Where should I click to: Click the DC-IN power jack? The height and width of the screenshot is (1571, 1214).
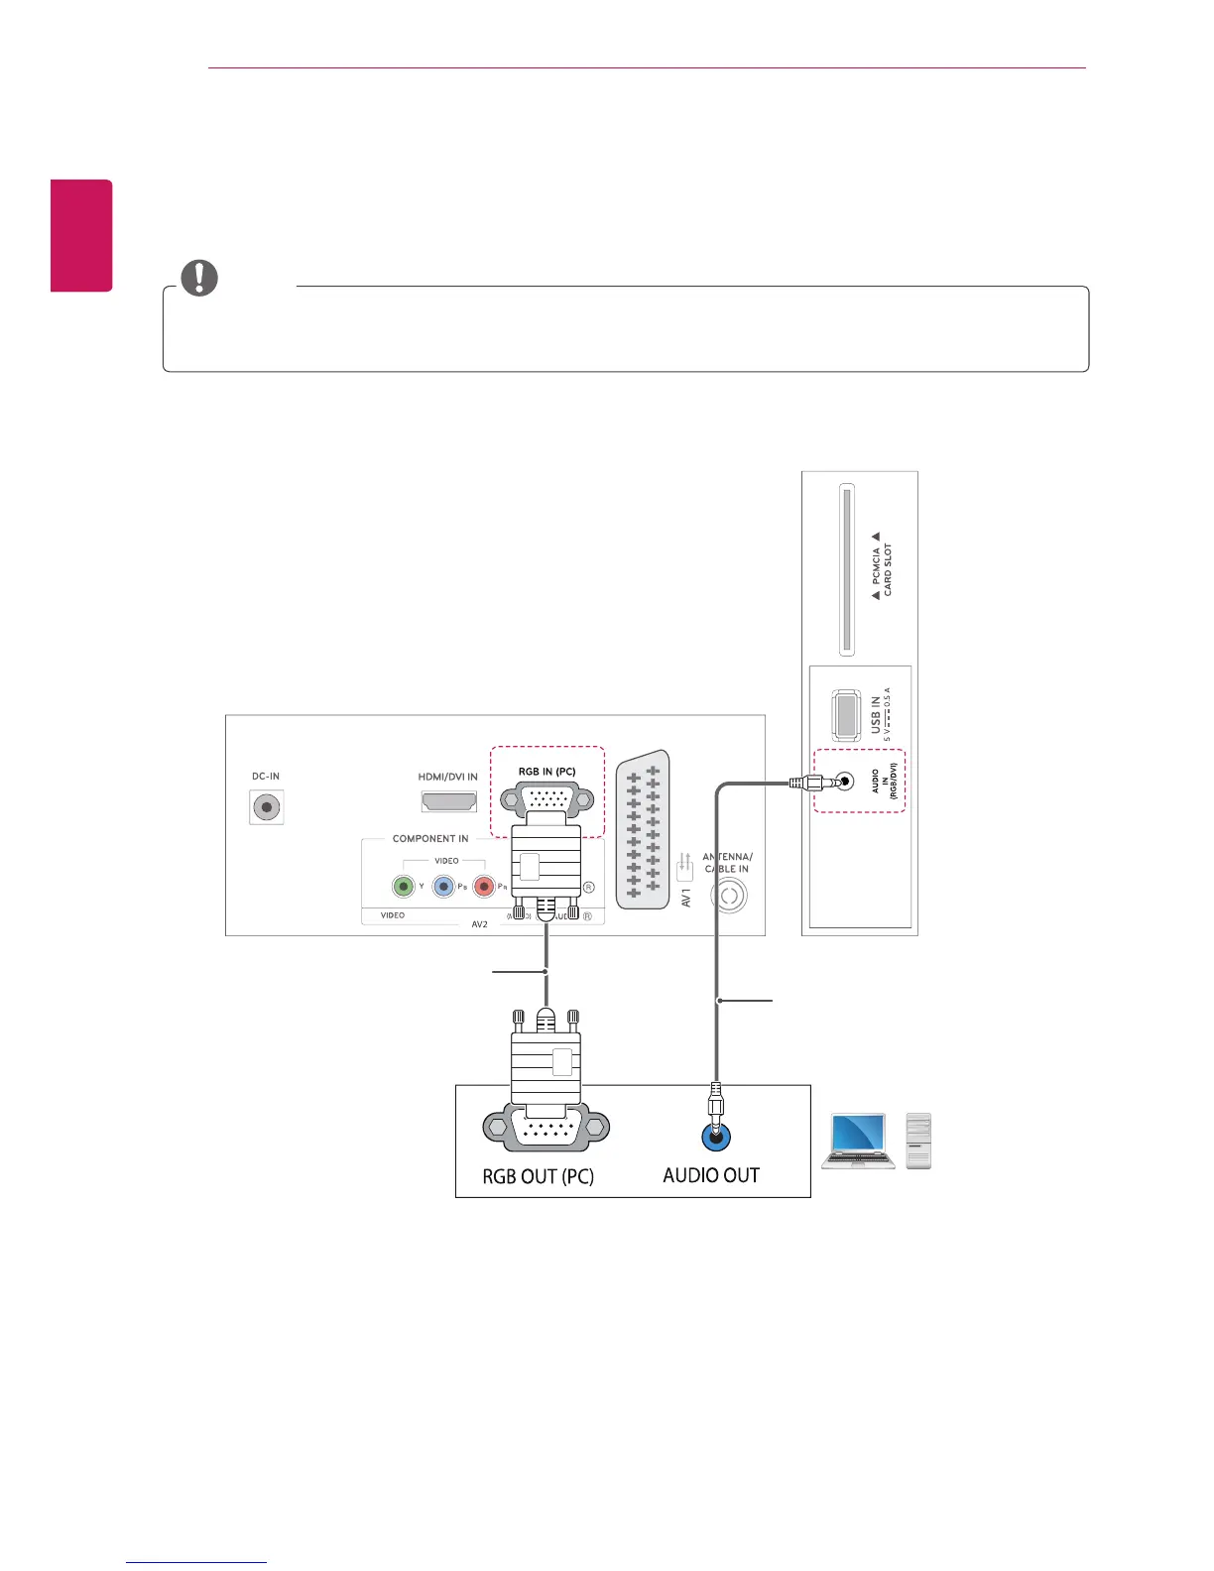tap(266, 807)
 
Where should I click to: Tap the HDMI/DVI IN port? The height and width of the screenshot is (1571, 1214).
tap(449, 801)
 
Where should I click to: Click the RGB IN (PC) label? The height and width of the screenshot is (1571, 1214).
tap(546, 772)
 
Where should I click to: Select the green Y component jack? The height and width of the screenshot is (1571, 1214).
tap(403, 887)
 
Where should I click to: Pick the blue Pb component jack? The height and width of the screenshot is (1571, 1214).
tap(443, 887)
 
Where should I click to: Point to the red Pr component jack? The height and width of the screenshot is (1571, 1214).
tap(484, 887)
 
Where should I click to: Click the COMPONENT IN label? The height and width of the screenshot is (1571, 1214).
tap(430, 839)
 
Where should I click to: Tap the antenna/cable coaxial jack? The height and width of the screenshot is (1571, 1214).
tap(729, 897)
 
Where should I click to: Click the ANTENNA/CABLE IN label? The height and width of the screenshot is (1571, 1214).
tap(728, 863)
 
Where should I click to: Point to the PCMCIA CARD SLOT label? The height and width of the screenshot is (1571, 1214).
tap(882, 569)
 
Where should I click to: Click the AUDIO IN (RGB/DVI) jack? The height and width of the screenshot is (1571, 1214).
tap(843, 782)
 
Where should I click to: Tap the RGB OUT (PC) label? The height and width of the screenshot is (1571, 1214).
tap(538, 1177)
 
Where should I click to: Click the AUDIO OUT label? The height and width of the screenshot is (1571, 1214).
tap(711, 1176)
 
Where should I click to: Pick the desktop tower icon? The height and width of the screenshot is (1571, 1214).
tap(918, 1141)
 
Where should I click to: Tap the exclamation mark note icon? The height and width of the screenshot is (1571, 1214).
tap(199, 279)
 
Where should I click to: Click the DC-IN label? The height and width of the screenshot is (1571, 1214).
tap(266, 777)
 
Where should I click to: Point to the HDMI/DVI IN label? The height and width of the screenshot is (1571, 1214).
tap(447, 777)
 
